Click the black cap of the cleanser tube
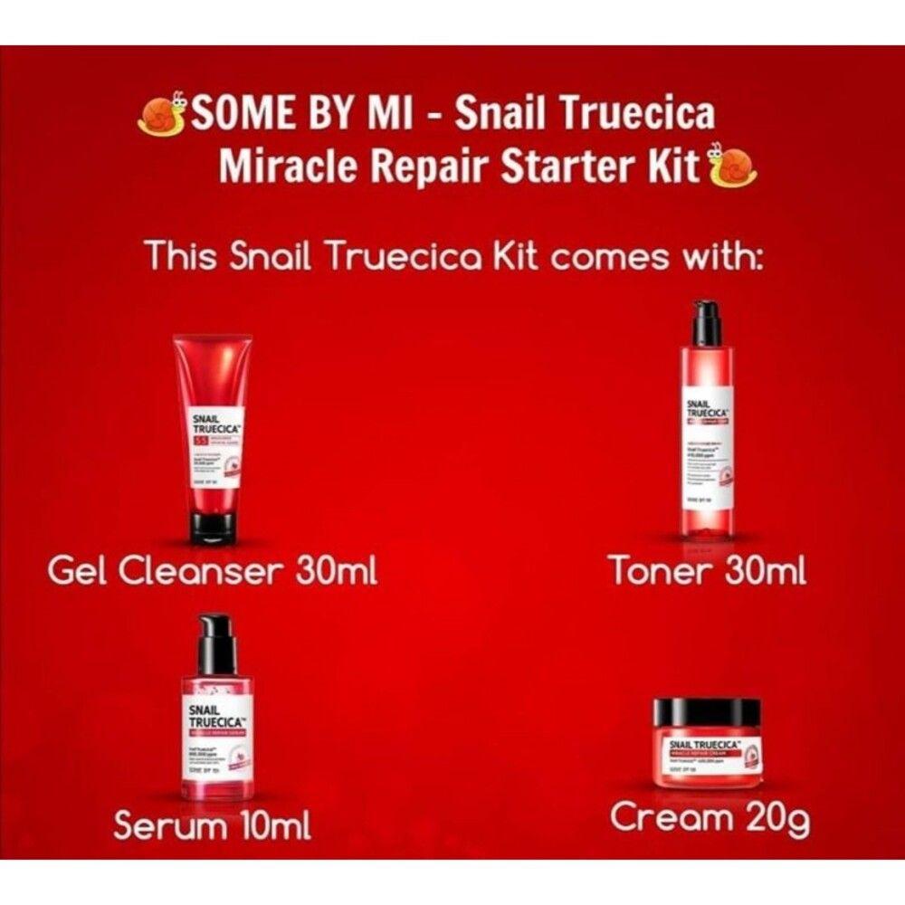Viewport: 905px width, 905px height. (x=214, y=525)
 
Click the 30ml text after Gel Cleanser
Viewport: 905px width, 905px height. (x=336, y=572)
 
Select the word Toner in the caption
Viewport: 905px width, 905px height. (x=658, y=572)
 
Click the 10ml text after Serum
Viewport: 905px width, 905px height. (x=271, y=824)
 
